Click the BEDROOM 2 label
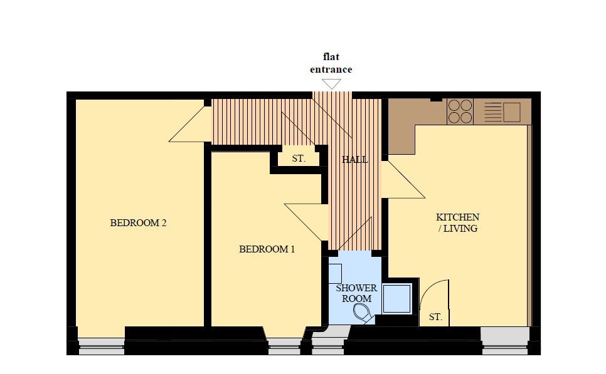click(138, 223)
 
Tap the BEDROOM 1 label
click(267, 249)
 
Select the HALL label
click(354, 159)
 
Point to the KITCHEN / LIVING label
click(457, 222)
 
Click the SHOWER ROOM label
click(356, 293)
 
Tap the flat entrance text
click(331, 63)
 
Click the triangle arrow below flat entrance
click(332, 84)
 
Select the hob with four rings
click(460, 112)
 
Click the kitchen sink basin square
click(512, 112)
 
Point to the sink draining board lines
click(492, 112)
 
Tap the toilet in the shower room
click(363, 312)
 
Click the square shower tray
click(396, 299)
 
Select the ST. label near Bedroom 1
click(299, 158)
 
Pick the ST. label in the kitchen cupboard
click(435, 317)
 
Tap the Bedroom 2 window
click(102, 346)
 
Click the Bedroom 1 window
click(284, 346)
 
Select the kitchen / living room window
click(505, 341)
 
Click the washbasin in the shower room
click(335, 273)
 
